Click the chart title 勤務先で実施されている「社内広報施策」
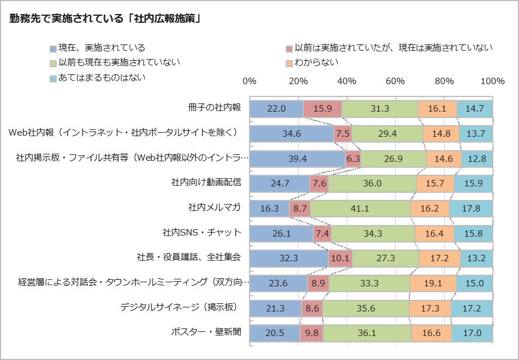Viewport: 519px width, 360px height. pyautogui.click(x=105, y=19)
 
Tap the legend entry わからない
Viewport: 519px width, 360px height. pyautogui.click(x=316, y=63)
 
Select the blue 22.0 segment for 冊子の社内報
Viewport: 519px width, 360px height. pyautogui.click(x=276, y=109)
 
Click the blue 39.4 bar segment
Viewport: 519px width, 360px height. pyautogui.click(x=297, y=158)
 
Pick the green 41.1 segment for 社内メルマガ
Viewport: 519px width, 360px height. pyautogui.click(x=359, y=208)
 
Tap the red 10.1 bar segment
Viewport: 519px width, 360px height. pyautogui.click(x=340, y=258)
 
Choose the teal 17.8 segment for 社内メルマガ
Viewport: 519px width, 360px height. pyautogui.click(x=471, y=208)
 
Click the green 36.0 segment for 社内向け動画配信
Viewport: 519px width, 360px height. pyautogui.click(x=363, y=184)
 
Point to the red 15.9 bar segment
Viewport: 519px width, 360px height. pyautogui.click(x=323, y=109)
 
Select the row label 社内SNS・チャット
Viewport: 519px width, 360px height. pyautogui.click(x=202, y=233)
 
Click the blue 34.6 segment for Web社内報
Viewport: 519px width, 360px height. pyautogui.click(x=292, y=134)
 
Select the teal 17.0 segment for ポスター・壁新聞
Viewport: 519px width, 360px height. pyautogui.click(x=472, y=333)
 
